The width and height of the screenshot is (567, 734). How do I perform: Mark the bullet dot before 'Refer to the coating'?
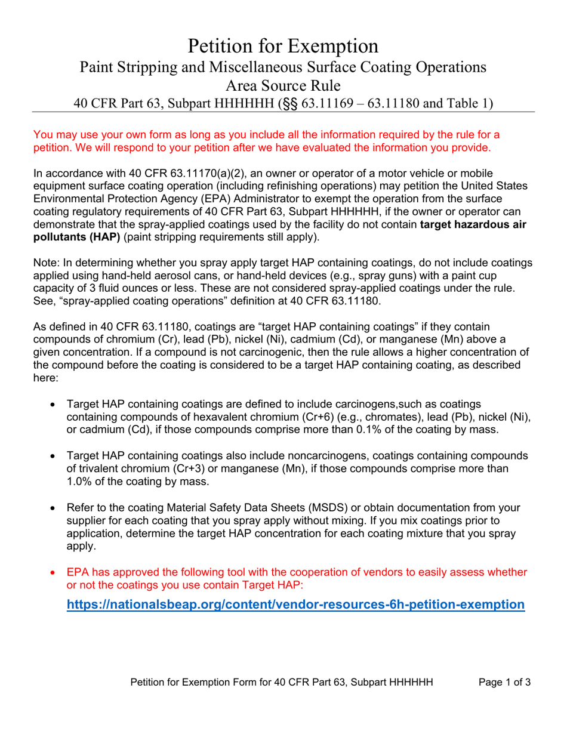[54, 508]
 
